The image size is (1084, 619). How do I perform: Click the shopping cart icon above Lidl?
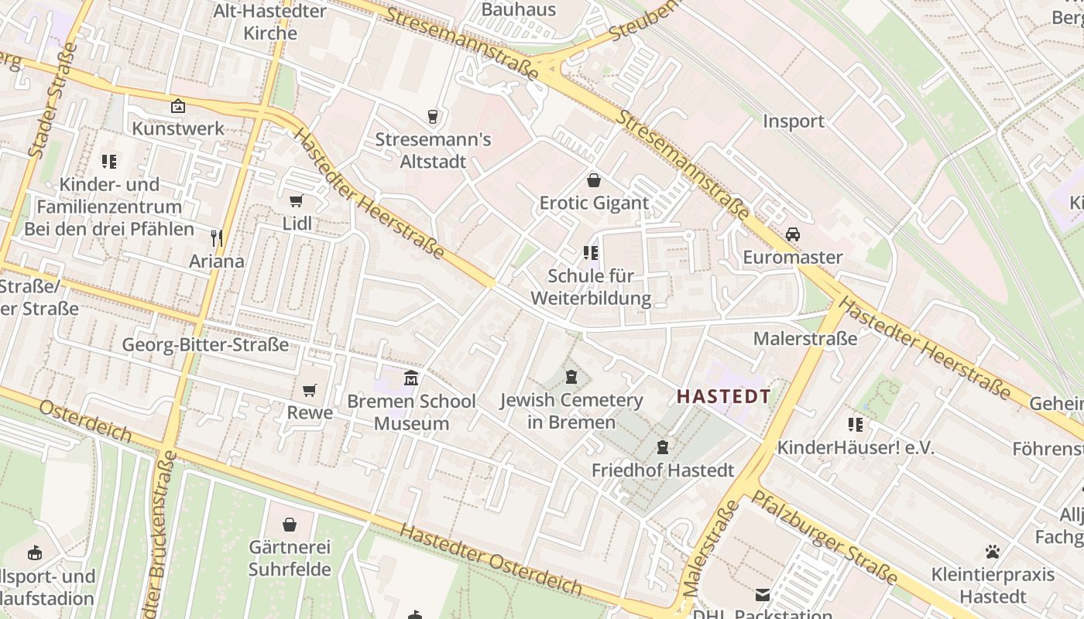tap(296, 201)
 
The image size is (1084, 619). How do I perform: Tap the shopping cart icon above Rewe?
tap(310, 390)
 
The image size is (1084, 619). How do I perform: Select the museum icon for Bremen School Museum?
tap(411, 378)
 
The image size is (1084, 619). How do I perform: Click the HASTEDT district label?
tap(723, 397)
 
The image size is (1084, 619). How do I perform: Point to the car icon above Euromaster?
tap(792, 234)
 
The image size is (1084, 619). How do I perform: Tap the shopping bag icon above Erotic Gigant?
tap(593, 180)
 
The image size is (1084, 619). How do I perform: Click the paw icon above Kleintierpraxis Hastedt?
tap(993, 552)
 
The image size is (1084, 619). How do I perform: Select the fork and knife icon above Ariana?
tap(217, 238)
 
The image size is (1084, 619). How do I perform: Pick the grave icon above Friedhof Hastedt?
tap(662, 446)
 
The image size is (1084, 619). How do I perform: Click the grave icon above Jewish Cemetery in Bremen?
tap(571, 377)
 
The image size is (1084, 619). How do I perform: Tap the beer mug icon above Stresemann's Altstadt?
tap(433, 117)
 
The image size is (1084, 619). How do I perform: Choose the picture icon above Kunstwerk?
tap(178, 106)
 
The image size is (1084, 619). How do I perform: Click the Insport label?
tap(794, 121)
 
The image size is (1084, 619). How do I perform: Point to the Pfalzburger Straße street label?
tap(825, 537)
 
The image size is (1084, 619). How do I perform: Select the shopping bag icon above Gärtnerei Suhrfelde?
tap(290, 525)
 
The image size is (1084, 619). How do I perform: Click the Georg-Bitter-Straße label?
tap(206, 345)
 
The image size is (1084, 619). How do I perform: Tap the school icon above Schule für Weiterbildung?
tap(591, 253)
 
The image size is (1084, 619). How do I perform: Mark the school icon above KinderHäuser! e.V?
tap(856, 424)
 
